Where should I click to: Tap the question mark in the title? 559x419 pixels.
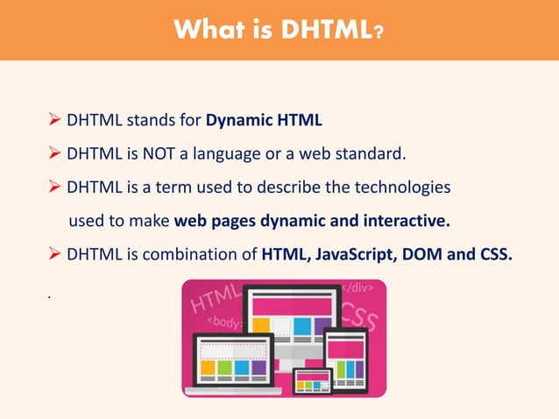click(378, 32)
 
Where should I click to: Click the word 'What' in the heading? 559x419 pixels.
click(210, 32)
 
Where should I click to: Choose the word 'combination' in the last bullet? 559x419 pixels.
click(211, 255)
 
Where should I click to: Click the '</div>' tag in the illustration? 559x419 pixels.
click(356, 288)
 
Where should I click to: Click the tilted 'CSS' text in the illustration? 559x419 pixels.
click(359, 316)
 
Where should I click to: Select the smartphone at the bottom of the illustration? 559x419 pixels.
click(312, 380)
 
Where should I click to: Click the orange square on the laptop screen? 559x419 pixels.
click(208, 368)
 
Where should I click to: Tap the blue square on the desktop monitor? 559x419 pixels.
click(302, 326)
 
